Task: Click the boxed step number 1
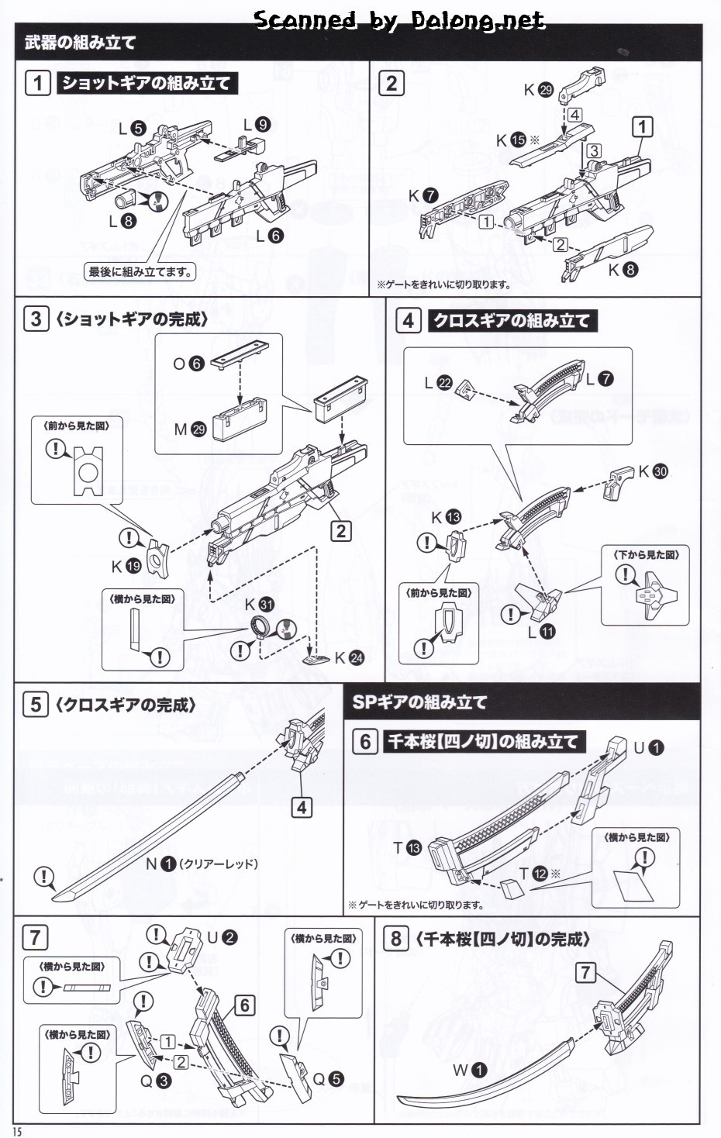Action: [x=37, y=83]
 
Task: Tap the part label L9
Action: [x=256, y=125]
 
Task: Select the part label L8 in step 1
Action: [x=122, y=221]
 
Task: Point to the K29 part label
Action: [x=538, y=90]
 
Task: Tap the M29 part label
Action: [x=190, y=429]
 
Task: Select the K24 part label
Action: [x=349, y=658]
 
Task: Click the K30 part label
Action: [x=653, y=471]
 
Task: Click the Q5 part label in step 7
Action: [x=327, y=1079]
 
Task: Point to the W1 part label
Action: [x=470, y=1071]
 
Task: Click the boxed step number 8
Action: [x=395, y=939]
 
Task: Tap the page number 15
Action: [x=17, y=1131]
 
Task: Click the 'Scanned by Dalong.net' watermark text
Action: [x=399, y=20]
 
